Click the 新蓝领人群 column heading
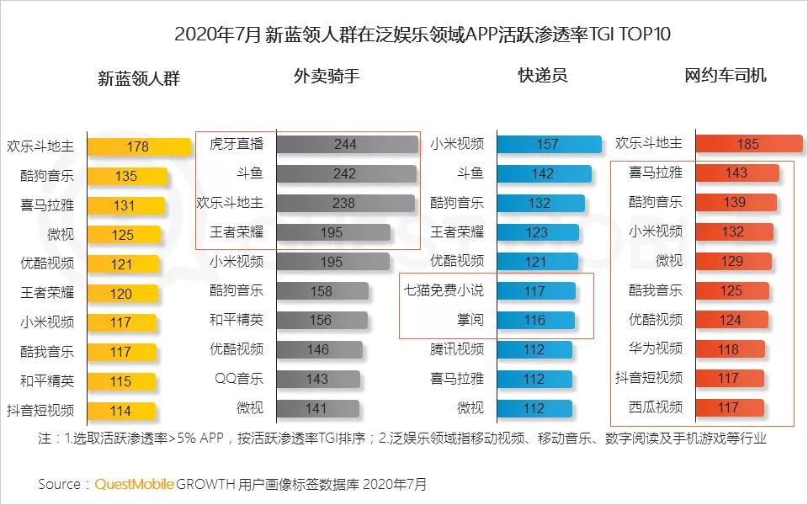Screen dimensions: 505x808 click(139, 78)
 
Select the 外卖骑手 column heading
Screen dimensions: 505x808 click(327, 76)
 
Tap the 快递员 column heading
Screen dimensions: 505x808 click(542, 76)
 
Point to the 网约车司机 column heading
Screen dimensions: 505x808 click(726, 76)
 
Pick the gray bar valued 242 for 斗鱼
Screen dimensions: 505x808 click(346, 173)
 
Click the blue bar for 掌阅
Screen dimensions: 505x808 click(535, 321)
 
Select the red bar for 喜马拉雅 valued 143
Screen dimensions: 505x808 click(737, 173)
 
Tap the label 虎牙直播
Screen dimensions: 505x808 click(237, 144)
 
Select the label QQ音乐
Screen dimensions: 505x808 click(239, 379)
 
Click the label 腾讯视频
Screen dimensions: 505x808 click(457, 349)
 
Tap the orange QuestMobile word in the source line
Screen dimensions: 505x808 click(135, 484)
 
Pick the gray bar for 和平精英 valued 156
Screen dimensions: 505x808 click(322, 321)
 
